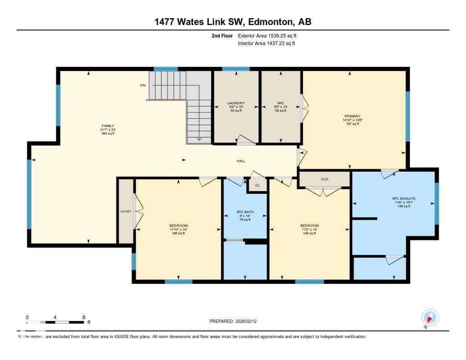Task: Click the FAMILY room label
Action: [x=107, y=126]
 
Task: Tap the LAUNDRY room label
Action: [x=236, y=103]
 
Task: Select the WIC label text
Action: [x=280, y=103]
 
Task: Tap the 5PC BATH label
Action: [x=245, y=212]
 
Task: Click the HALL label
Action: [x=241, y=161]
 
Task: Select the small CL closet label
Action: [x=258, y=185]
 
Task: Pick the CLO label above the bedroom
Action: [x=324, y=179]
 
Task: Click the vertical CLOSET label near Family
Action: [x=126, y=212]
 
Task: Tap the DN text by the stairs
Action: [x=143, y=85]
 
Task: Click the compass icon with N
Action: [x=430, y=317]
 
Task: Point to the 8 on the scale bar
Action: [x=84, y=317]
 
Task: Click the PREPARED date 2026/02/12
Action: [x=236, y=321]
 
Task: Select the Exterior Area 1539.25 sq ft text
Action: [x=267, y=35]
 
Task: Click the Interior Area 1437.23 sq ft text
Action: [x=266, y=43]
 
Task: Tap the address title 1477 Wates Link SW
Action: [x=232, y=22]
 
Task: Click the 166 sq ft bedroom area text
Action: [x=178, y=233]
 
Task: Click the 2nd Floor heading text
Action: [x=222, y=35]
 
